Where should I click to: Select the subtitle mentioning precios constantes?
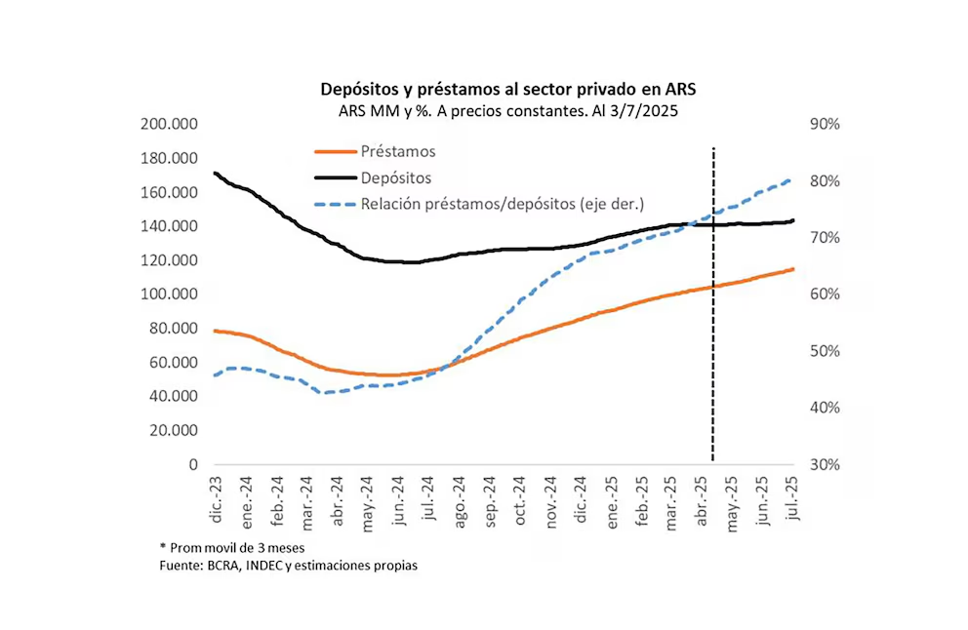tap(508, 110)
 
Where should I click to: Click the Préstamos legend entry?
tap(397, 151)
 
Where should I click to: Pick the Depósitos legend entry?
tap(395, 177)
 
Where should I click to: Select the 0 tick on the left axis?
tap(193, 465)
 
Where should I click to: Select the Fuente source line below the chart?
tap(288, 566)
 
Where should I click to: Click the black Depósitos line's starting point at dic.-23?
tap(215, 174)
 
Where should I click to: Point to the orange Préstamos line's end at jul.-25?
tap(792, 269)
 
